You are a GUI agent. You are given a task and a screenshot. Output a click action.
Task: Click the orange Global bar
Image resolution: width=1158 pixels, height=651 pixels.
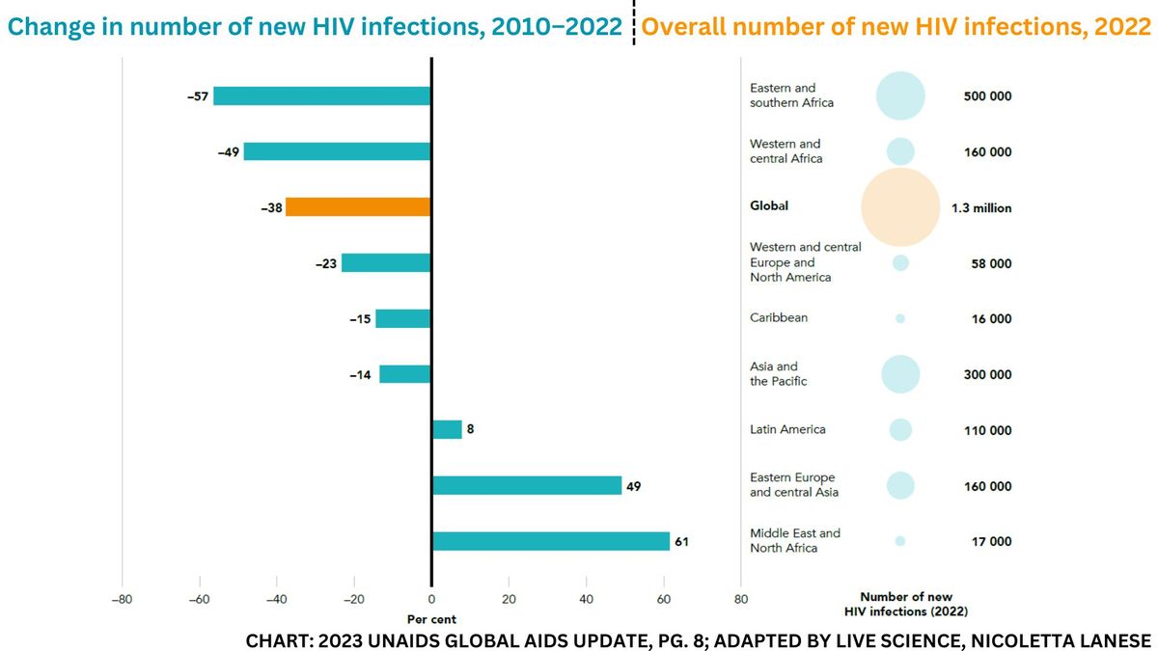click(358, 206)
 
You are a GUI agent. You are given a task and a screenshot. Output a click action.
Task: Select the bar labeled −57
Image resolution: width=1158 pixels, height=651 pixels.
click(321, 95)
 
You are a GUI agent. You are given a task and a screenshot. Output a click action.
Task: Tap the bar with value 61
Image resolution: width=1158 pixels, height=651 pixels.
click(551, 541)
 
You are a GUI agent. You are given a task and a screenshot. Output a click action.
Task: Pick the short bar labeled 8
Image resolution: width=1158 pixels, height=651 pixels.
click(447, 429)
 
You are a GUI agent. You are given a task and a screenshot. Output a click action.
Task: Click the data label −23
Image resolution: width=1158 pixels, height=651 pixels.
click(325, 263)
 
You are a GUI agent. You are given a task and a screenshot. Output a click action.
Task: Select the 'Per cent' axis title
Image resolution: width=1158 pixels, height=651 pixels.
click(431, 619)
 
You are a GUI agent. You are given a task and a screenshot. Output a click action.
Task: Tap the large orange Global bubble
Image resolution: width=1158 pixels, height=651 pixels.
click(899, 206)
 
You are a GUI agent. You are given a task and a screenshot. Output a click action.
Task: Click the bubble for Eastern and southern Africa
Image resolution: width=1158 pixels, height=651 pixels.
click(899, 96)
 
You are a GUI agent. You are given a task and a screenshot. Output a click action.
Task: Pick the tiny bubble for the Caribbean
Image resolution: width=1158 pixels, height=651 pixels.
click(899, 318)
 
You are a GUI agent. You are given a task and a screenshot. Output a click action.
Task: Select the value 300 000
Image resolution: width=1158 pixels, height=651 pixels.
click(987, 374)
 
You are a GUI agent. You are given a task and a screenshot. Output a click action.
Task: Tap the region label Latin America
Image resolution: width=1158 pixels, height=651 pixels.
click(787, 429)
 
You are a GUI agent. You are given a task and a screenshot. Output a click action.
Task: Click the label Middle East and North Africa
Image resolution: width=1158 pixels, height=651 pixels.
click(794, 540)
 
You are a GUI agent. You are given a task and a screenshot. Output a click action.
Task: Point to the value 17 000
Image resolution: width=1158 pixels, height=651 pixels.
click(987, 541)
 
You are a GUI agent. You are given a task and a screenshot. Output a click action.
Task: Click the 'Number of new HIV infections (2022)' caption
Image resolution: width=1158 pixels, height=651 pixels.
click(905, 604)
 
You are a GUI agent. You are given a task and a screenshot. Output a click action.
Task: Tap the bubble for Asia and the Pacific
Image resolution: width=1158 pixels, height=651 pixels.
click(899, 374)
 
